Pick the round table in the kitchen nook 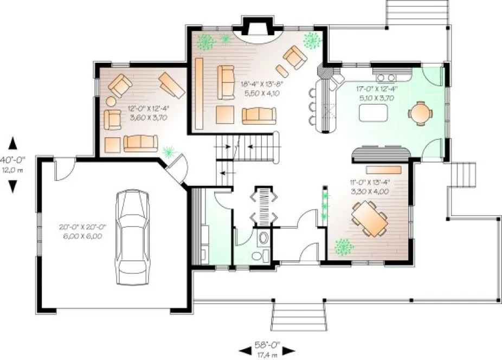click(421, 113)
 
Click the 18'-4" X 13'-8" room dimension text click(262, 88)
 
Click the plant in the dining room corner click(344, 247)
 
